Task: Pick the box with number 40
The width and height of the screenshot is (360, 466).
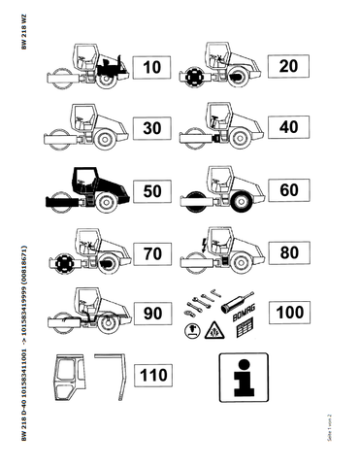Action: point(288,128)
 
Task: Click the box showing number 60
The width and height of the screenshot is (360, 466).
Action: point(288,190)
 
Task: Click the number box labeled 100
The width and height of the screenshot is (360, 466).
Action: point(288,314)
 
